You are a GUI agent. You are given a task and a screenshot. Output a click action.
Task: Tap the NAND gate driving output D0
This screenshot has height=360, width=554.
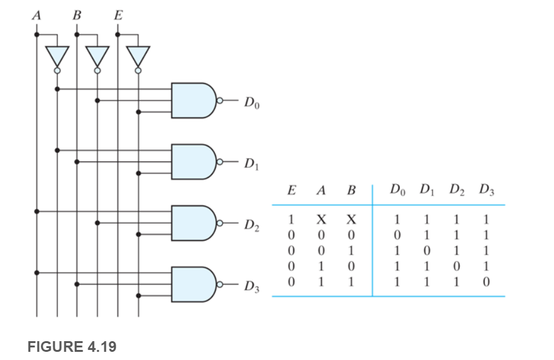pyautogui.click(x=193, y=101)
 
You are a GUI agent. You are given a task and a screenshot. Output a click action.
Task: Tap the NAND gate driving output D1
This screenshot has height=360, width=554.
pyautogui.click(x=193, y=162)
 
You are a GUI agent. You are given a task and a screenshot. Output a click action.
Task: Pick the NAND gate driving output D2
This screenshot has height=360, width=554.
pyautogui.click(x=193, y=223)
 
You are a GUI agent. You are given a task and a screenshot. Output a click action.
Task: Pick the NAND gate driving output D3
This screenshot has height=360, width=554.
pyautogui.click(x=193, y=285)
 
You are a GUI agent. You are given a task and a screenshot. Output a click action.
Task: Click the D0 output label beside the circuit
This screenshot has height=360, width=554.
pyautogui.click(x=252, y=103)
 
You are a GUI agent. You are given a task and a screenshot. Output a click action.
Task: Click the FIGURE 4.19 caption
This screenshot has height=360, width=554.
pyautogui.click(x=72, y=347)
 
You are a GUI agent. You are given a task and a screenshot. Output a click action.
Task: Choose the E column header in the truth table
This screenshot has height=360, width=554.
pyautogui.click(x=291, y=190)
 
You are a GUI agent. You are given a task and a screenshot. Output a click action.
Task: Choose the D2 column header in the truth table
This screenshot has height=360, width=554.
pyautogui.click(x=456, y=190)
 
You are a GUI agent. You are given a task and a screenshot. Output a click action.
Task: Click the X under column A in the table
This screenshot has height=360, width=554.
pyautogui.click(x=320, y=221)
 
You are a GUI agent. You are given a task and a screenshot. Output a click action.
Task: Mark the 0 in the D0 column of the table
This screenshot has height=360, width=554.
pyautogui.click(x=397, y=235)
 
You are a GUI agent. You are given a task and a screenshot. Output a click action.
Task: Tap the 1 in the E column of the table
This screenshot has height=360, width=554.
pyautogui.click(x=291, y=221)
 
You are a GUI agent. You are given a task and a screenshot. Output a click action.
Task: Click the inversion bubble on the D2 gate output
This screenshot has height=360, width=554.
pyautogui.click(x=219, y=223)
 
